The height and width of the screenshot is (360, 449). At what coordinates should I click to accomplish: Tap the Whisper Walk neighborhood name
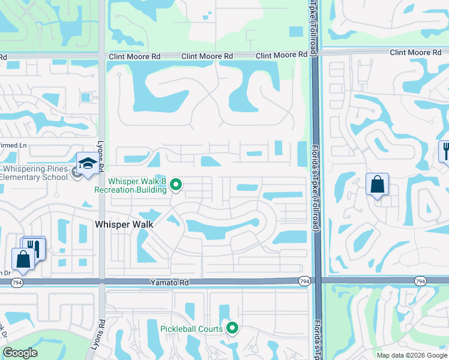click(x=124, y=224)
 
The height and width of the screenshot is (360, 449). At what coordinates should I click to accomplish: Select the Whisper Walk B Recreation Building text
click(x=130, y=185)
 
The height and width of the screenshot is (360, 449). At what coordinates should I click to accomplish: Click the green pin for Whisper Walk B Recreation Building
click(x=176, y=185)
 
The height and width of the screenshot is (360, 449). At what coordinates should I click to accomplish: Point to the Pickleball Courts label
click(x=191, y=328)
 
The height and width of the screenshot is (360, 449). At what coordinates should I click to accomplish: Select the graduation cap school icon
click(x=87, y=164)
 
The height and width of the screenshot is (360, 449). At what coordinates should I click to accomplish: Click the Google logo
click(x=19, y=353)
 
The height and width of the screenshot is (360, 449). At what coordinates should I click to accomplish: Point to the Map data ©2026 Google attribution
click(x=412, y=355)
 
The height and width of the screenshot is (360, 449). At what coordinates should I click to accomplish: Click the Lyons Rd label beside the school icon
click(x=100, y=160)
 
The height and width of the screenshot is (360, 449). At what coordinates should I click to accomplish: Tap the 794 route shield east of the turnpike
click(x=420, y=280)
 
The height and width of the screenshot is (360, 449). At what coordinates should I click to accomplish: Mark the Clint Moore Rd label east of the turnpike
click(x=411, y=53)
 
